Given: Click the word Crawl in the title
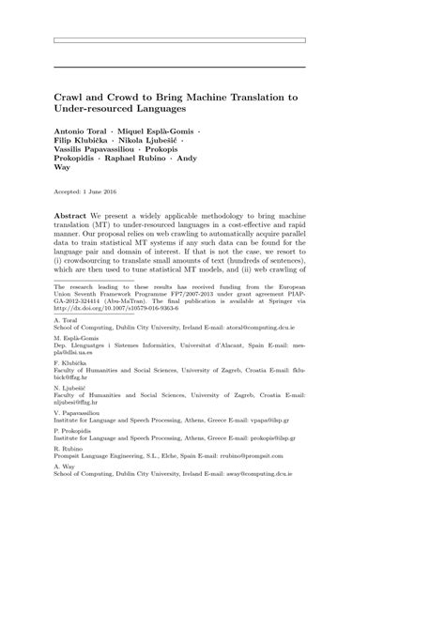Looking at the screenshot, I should [x=70, y=97].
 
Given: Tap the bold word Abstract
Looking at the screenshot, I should [x=73, y=214].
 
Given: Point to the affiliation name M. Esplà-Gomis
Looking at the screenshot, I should [x=75, y=335].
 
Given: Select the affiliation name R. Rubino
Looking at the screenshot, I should [x=68, y=454].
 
